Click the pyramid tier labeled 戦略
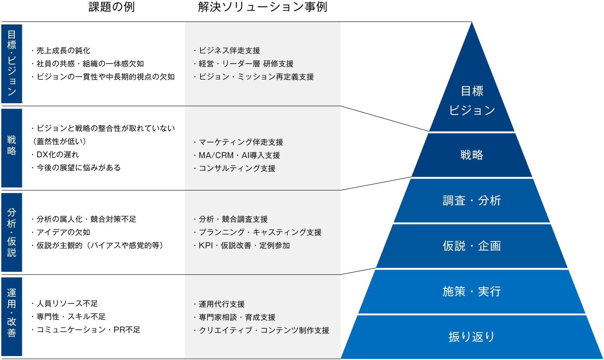click(472, 155)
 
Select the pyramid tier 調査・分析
click(472, 201)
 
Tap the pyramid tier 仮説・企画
click(472, 246)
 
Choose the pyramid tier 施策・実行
click(472, 292)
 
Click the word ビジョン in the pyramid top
click(472, 110)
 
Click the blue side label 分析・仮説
click(12, 232)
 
